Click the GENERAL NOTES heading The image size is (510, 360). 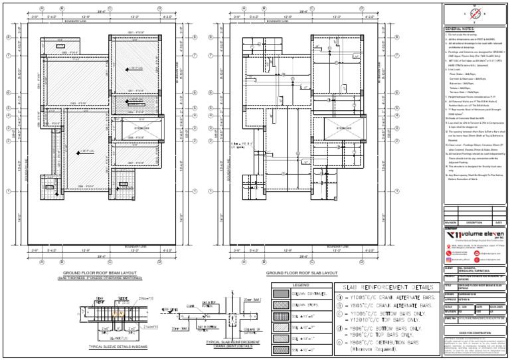click(460, 30)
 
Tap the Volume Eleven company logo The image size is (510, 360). click(465, 234)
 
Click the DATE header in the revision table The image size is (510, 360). click(497, 223)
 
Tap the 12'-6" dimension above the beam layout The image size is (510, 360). click(85, 17)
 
